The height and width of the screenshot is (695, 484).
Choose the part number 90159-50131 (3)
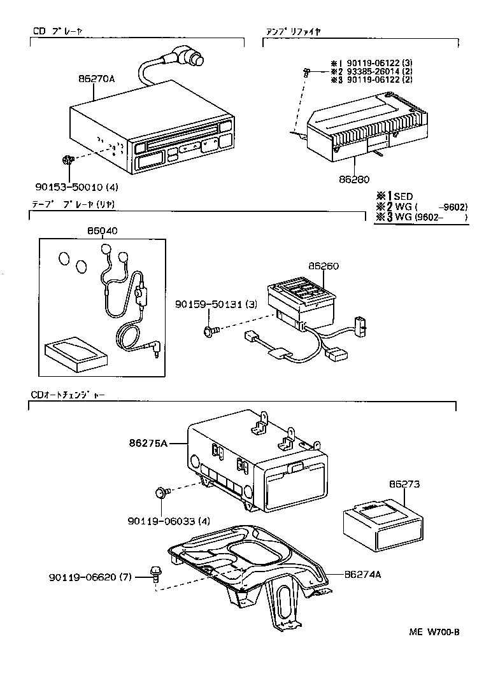217,305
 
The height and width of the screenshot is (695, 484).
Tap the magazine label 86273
404,484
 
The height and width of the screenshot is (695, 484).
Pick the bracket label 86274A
362,574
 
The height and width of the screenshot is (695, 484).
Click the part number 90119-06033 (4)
169,521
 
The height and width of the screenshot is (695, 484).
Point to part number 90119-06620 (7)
89,578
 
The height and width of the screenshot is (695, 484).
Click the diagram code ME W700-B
434,632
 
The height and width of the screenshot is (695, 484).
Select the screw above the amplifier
306,73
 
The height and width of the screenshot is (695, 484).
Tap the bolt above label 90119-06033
162,492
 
